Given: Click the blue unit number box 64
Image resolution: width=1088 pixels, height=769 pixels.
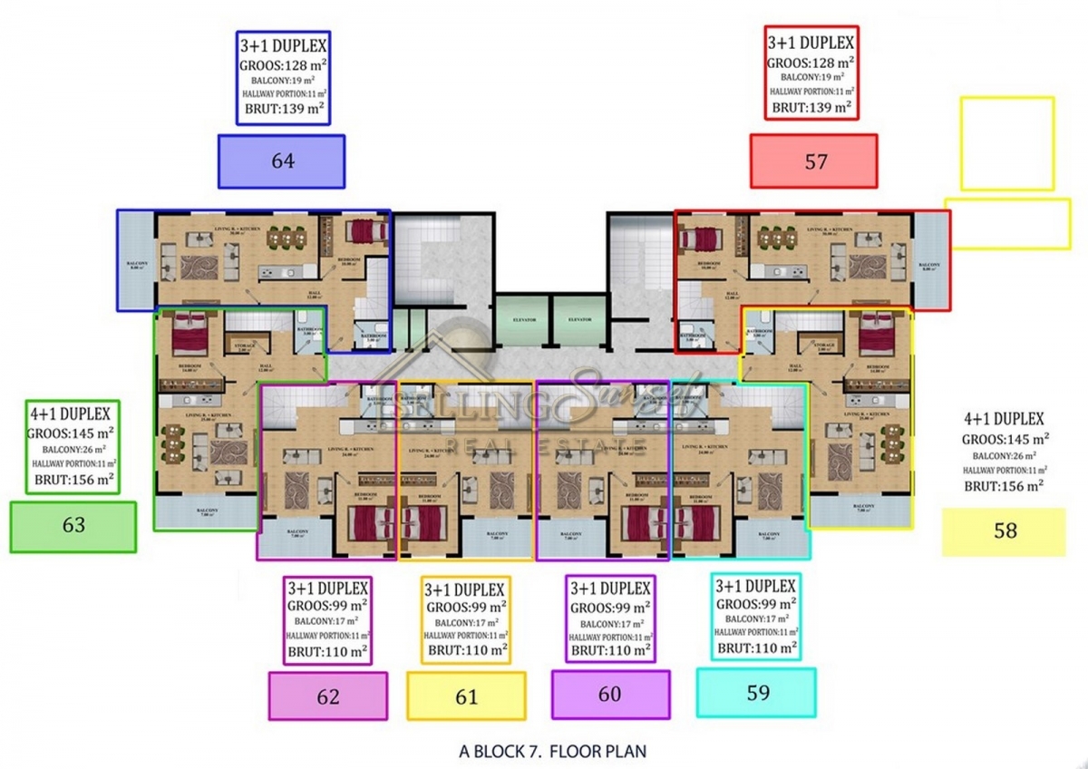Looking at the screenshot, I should (282, 161).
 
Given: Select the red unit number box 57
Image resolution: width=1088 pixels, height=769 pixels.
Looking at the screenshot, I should (814, 161).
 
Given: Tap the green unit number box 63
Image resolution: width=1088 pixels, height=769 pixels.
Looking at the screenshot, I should (73, 526).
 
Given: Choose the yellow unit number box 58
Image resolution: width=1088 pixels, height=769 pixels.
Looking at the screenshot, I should (1004, 531).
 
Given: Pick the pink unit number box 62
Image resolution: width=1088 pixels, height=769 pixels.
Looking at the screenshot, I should (328, 696).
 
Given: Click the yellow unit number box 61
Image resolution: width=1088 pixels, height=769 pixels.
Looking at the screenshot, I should (466, 696).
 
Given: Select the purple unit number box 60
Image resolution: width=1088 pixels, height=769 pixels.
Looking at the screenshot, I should (611, 695).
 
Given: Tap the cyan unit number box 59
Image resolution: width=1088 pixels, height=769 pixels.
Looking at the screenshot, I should (756, 693).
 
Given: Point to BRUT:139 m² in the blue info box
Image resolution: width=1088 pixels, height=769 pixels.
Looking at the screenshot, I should (281, 111).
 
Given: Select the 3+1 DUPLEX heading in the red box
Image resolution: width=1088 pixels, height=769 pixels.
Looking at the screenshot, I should (811, 43).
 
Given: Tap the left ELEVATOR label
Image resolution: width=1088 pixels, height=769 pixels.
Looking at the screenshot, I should (524, 320).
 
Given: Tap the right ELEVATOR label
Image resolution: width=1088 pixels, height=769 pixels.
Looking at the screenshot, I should (578, 320).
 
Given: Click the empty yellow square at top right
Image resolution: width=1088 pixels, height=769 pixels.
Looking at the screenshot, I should (1006, 143).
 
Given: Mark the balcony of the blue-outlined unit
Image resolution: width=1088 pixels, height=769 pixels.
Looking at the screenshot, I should (135, 260).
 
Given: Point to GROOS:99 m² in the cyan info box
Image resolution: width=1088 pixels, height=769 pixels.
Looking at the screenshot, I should (756, 605).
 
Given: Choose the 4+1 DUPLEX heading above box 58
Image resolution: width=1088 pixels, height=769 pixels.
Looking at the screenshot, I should (1005, 419).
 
